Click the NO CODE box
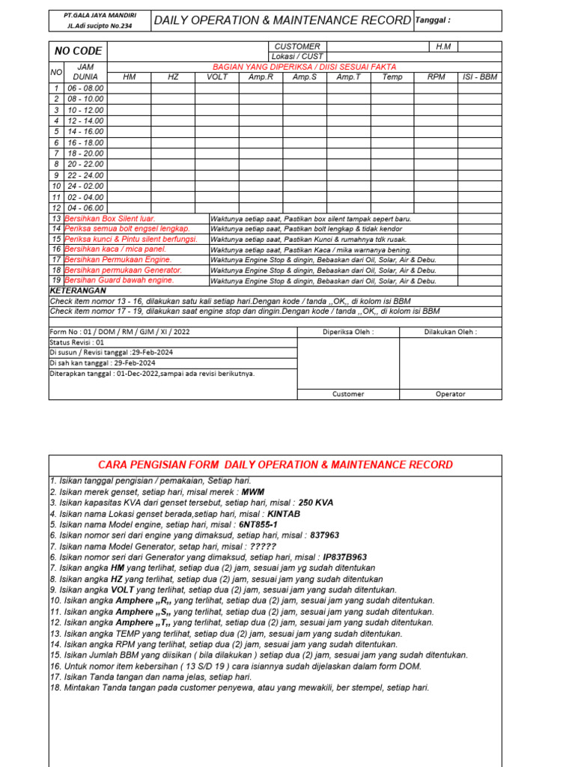pos(78,51)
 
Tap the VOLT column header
pos(217,76)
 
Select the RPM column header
pos(436,76)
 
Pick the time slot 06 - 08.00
pos(85,88)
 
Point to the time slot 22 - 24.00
pos(85,175)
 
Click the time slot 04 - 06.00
pos(85,207)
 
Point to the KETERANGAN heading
pos(78,290)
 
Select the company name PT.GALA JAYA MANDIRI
pos(99,15)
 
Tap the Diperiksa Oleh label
pos(348,332)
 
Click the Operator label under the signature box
pos(450,393)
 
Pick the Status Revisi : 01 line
pos(77,342)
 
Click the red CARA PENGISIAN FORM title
pos(275,464)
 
